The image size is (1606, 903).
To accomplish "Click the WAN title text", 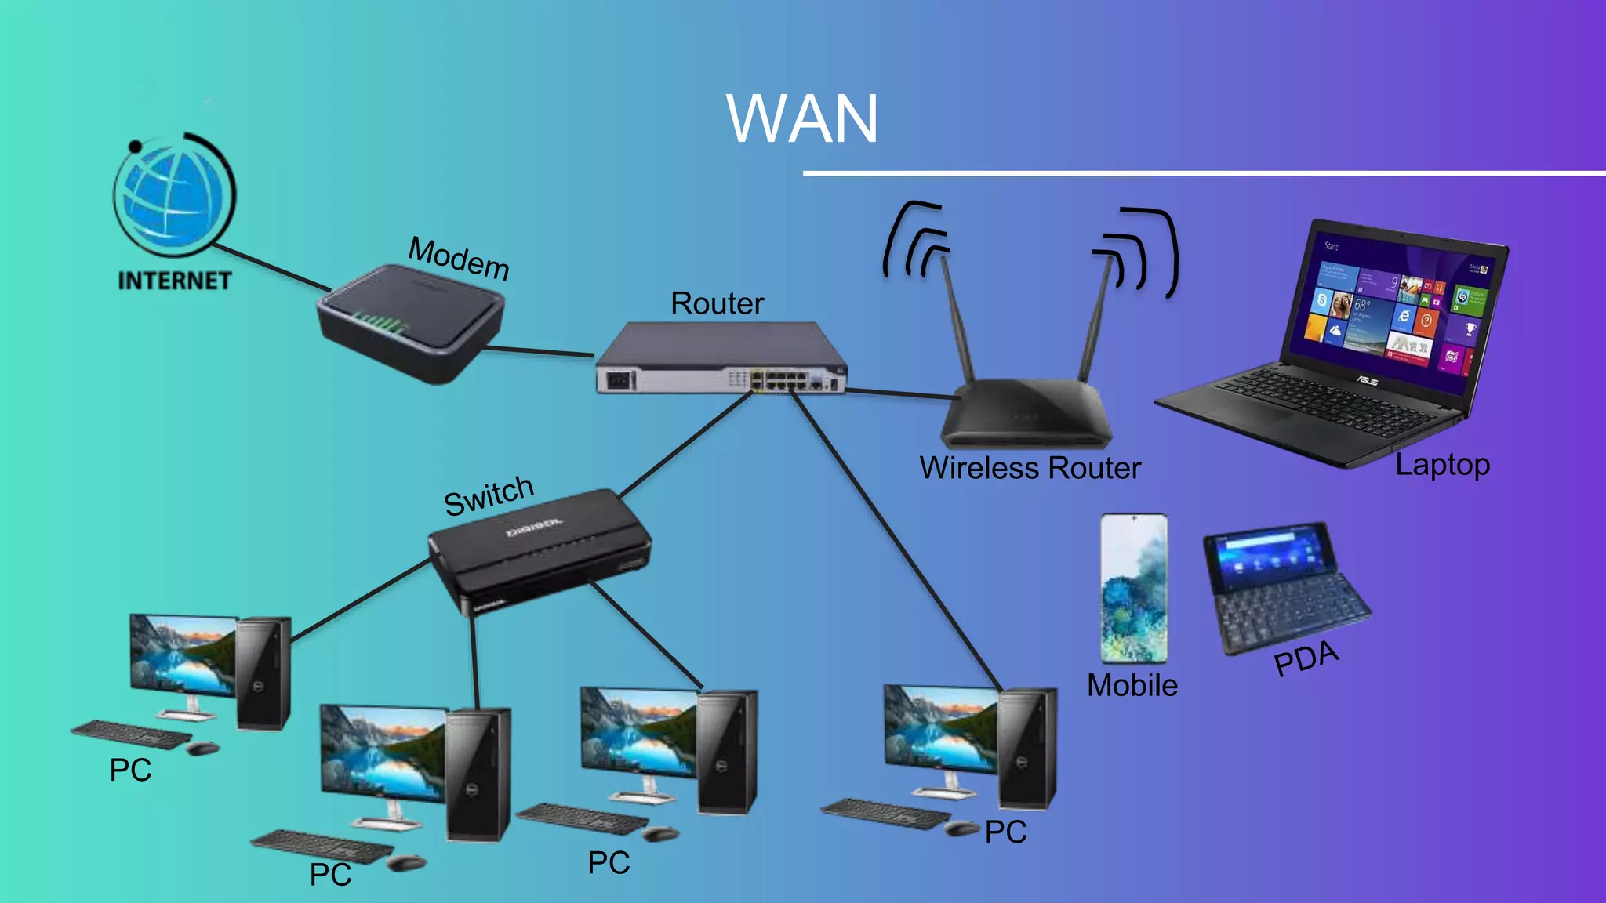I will tap(801, 119).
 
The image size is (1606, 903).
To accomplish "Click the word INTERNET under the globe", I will tap(174, 281).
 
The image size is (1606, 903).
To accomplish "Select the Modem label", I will tap(459, 258).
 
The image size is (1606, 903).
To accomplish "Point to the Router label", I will tap(717, 303).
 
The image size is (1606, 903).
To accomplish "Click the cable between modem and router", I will tap(541, 350).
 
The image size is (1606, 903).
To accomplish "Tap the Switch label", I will tap(489, 495).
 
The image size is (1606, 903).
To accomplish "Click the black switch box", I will tap(541, 549).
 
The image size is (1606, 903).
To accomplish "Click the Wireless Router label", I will tap(1030, 468).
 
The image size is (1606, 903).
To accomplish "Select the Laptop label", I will tap(1442, 465).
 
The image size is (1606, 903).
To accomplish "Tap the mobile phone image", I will tap(1133, 588).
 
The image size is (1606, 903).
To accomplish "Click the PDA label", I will tap(1306, 658).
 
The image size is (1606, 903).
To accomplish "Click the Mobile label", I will tap(1132, 685).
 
